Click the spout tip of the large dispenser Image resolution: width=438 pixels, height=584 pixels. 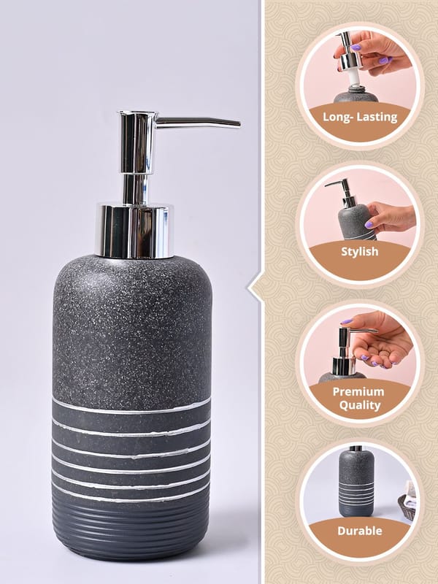[x=239, y=124]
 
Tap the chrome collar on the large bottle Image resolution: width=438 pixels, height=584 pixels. [x=134, y=231]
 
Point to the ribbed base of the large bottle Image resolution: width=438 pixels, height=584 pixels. [x=131, y=529]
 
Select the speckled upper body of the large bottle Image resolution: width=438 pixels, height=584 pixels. [x=132, y=331]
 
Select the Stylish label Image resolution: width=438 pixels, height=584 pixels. [x=360, y=252]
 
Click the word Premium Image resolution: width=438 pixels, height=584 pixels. [x=358, y=392]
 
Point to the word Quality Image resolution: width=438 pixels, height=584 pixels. [x=360, y=405]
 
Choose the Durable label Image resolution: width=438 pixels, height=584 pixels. [x=360, y=531]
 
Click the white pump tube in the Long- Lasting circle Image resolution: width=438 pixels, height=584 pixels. [x=354, y=78]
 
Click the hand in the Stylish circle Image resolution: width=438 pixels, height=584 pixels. [x=391, y=217]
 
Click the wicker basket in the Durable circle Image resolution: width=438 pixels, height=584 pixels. [x=407, y=507]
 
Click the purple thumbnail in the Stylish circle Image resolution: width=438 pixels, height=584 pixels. [x=369, y=225]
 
